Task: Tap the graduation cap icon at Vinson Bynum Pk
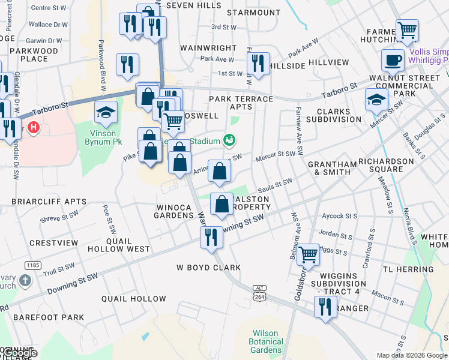click(x=105, y=112)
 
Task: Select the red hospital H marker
click(x=34, y=127)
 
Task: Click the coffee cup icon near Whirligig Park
click(x=393, y=60)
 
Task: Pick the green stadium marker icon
click(x=229, y=141)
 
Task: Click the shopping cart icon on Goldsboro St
click(x=309, y=254)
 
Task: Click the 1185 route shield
click(x=32, y=265)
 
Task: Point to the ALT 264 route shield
click(x=259, y=292)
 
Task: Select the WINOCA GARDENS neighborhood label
click(x=173, y=211)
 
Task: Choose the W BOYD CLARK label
click(x=208, y=268)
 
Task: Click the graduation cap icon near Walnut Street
click(x=376, y=100)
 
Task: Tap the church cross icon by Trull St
click(x=25, y=280)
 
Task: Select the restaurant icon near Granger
click(x=325, y=308)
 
